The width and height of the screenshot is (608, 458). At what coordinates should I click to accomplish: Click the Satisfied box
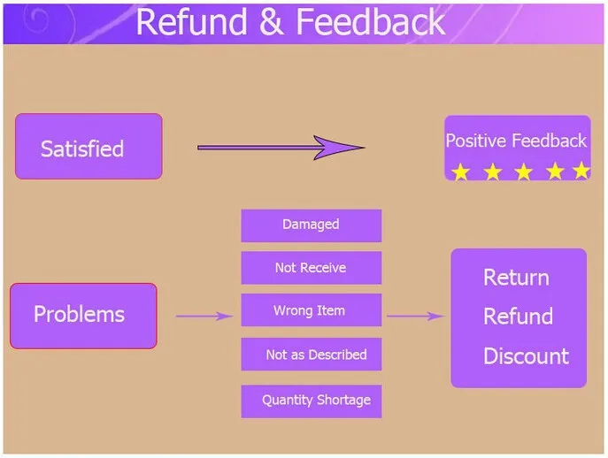(89, 147)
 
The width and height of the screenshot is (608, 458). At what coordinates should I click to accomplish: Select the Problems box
(83, 316)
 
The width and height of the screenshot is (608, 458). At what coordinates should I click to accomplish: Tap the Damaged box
(312, 225)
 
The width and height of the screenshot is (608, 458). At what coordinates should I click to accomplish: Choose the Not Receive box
(312, 268)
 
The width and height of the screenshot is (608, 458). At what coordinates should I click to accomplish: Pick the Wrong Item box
(312, 310)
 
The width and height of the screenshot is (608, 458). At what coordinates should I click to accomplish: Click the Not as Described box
(312, 355)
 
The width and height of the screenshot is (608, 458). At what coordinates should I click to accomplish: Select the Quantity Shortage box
(312, 401)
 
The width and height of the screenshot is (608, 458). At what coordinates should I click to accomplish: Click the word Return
(516, 278)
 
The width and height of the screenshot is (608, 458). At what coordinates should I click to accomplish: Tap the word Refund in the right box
(518, 316)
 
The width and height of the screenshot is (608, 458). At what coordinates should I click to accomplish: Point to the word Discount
(527, 355)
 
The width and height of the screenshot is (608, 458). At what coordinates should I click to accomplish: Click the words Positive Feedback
(516, 141)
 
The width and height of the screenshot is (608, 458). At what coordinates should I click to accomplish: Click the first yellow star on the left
(461, 172)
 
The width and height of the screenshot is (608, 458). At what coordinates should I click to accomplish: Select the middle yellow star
(523, 172)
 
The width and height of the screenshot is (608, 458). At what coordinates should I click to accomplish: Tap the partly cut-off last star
(581, 171)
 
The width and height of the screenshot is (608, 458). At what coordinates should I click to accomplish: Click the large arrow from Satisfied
(281, 148)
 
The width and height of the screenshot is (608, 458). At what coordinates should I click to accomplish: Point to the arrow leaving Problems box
(204, 317)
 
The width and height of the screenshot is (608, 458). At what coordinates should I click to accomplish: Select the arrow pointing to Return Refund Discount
(415, 317)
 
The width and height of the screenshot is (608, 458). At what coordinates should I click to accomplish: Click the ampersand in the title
(272, 22)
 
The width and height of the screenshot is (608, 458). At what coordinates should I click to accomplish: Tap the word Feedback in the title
(371, 22)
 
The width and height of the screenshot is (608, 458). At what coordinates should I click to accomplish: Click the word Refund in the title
(191, 22)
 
